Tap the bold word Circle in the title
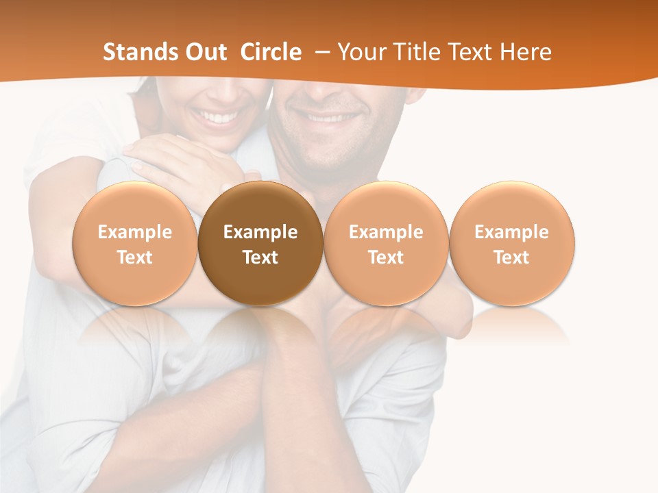(x=271, y=52)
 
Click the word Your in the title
(x=361, y=52)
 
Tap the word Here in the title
(x=526, y=52)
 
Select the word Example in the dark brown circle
(x=260, y=232)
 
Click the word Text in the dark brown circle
(x=260, y=257)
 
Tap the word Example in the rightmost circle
(x=512, y=232)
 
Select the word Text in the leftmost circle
(x=134, y=257)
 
